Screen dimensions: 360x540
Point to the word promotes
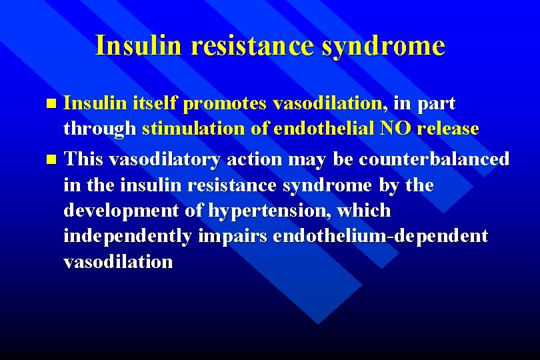pyautogui.click(x=225, y=103)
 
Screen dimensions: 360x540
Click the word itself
pyautogui.click(x=155, y=103)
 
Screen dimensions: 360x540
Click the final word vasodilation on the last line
pyautogui.click(x=118, y=261)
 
